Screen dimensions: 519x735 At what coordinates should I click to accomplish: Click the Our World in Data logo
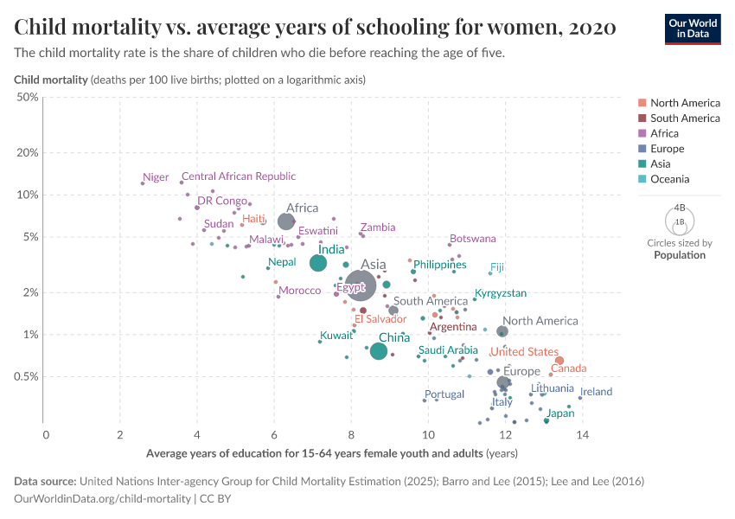[x=692, y=28]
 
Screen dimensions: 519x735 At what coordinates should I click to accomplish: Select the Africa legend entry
[x=664, y=133]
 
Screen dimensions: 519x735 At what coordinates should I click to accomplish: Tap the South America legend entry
[x=685, y=118]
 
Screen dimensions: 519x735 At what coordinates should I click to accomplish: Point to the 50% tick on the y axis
[x=27, y=97]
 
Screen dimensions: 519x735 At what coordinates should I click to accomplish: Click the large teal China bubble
[x=378, y=350]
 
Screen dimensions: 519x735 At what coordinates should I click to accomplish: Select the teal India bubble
[x=318, y=263]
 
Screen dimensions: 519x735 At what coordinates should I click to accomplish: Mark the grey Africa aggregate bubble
[x=286, y=222]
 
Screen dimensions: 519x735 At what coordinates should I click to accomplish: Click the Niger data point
[x=143, y=183]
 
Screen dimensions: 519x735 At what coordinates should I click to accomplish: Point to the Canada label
[x=568, y=368]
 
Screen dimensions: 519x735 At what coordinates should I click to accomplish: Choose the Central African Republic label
[x=238, y=176]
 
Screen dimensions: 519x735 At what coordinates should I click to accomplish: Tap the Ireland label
[x=596, y=392]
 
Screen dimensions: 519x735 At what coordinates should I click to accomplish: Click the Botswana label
[x=473, y=239]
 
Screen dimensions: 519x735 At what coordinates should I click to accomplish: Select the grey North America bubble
[x=502, y=331]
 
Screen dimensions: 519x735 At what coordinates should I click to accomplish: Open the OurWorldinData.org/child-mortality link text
[x=103, y=498]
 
